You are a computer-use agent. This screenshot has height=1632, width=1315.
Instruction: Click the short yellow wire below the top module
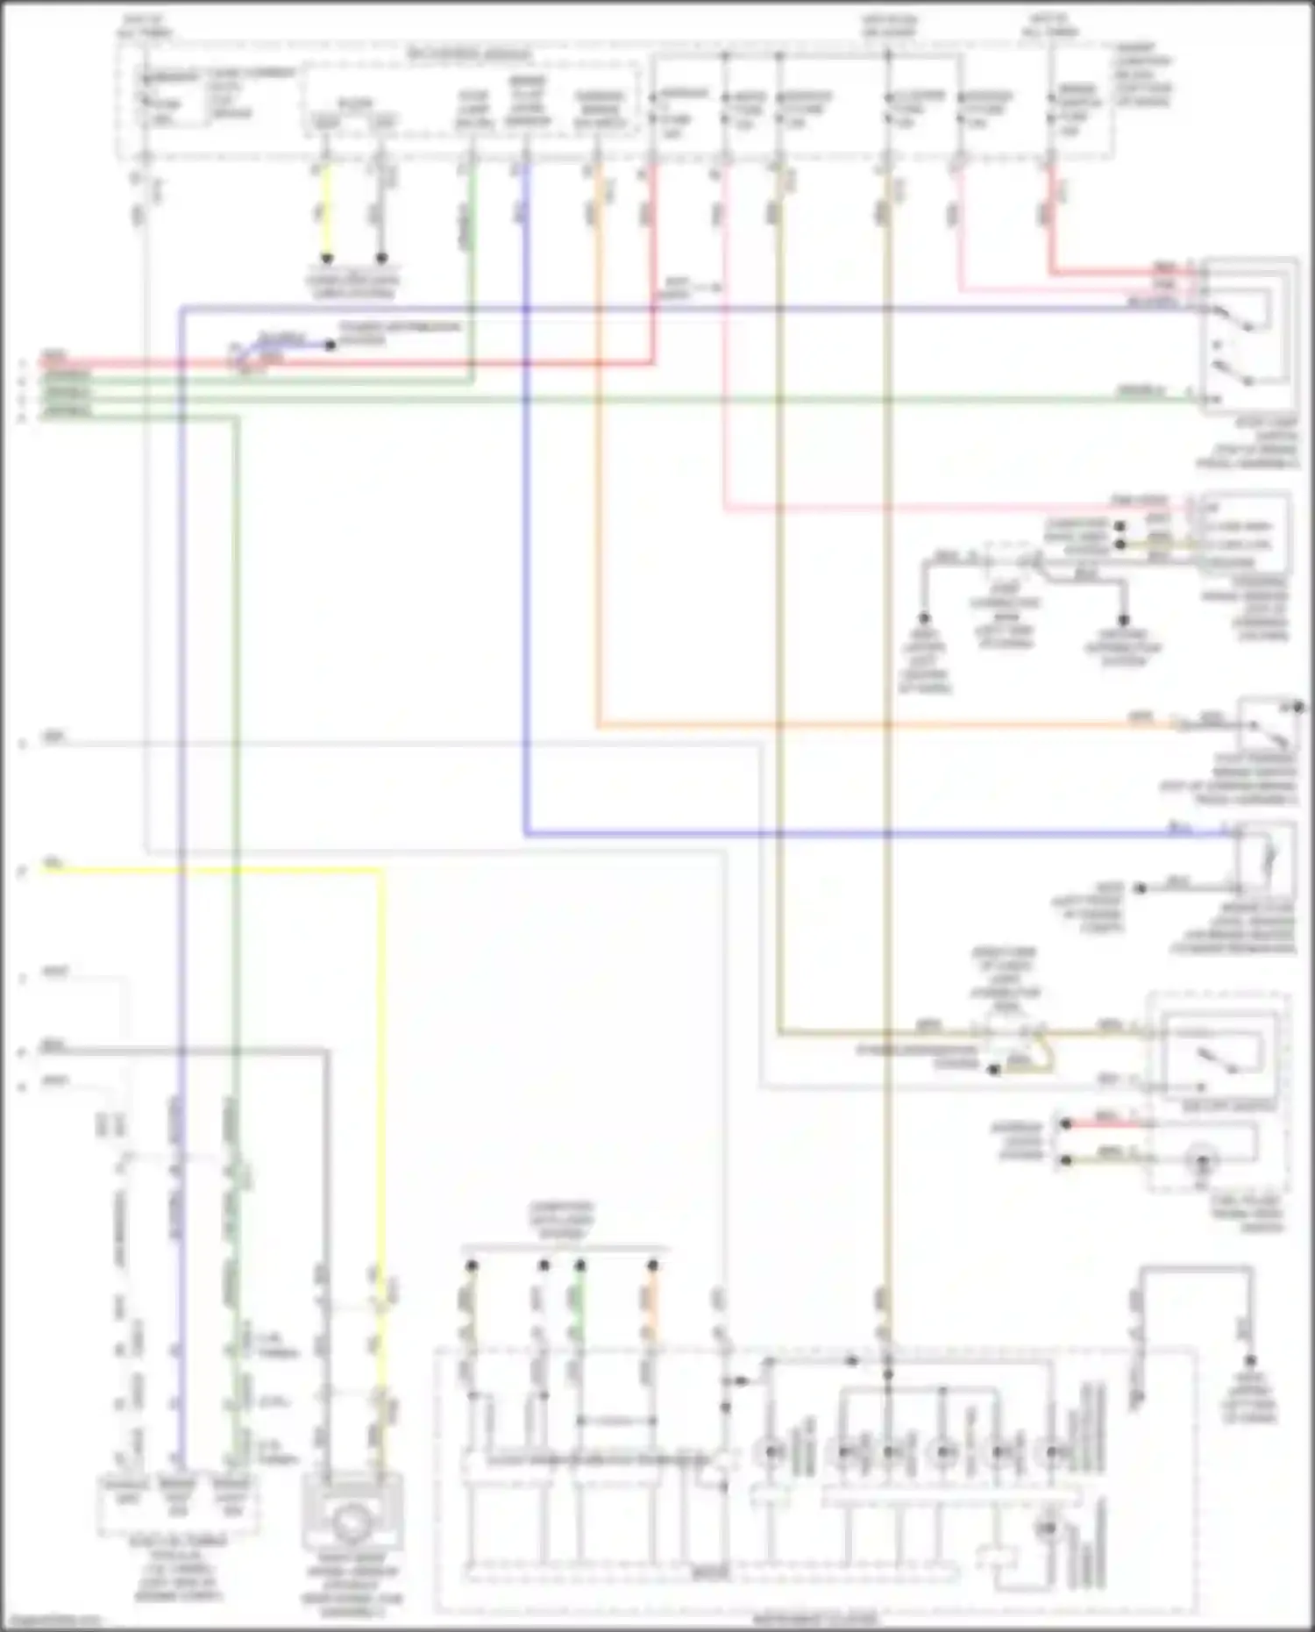pyautogui.click(x=326, y=210)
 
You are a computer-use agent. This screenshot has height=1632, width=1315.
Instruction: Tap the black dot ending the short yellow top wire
pyautogui.click(x=326, y=259)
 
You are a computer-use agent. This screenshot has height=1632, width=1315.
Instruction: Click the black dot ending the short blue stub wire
pyautogui.click(x=331, y=345)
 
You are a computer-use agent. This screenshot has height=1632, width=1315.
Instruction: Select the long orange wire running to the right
pyautogui.click(x=877, y=725)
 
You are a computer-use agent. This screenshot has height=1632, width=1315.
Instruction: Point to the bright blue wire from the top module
pyautogui.click(x=526, y=526)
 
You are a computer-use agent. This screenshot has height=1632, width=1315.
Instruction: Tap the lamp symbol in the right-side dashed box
pyautogui.click(x=1204, y=1162)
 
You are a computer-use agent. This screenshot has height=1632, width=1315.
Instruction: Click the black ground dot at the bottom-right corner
pyautogui.click(x=1251, y=1361)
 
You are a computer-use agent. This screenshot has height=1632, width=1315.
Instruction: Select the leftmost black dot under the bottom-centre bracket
pyautogui.click(x=472, y=1265)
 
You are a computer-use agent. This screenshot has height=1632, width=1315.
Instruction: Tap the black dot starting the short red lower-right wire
pyautogui.click(x=1066, y=1123)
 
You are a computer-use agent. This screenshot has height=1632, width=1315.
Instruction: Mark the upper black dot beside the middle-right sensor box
pyautogui.click(x=1120, y=526)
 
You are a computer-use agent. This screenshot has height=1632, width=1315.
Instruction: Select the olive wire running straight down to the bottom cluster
pyautogui.click(x=887, y=789)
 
